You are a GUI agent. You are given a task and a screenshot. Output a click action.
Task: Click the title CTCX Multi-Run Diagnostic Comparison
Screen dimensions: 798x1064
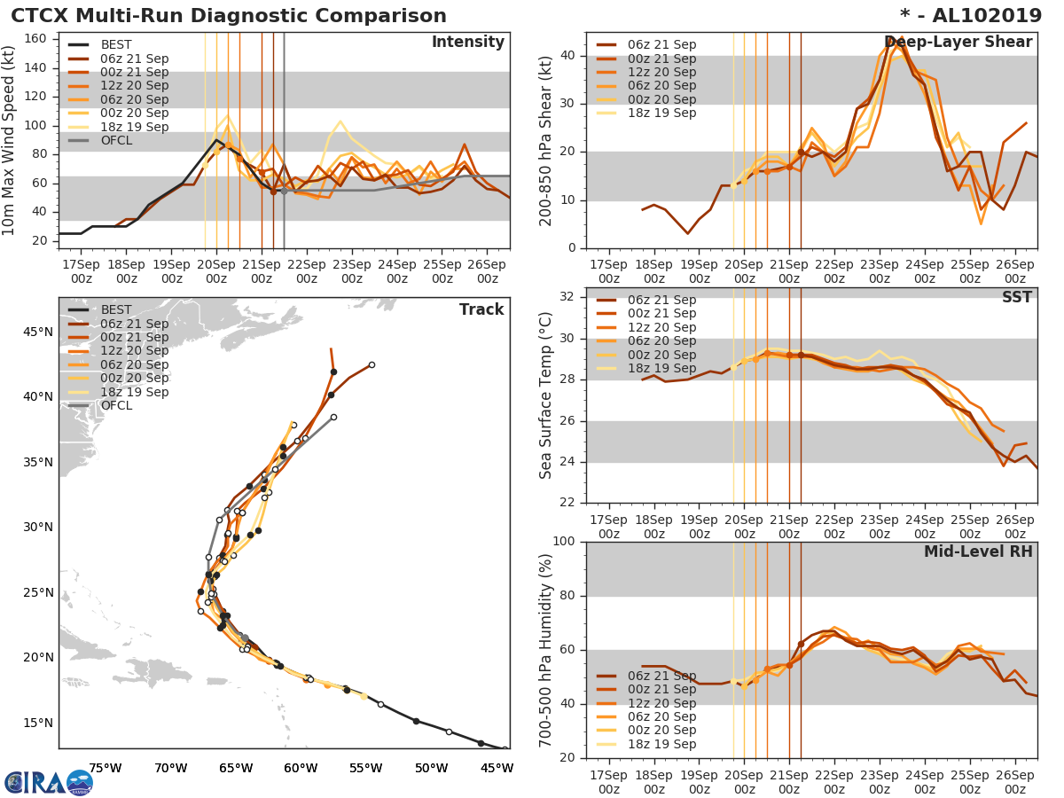[229, 16]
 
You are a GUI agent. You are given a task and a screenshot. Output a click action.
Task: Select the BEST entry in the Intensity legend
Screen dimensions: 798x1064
[116, 44]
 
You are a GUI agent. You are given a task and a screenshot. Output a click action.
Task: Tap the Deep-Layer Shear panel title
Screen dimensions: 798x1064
[958, 43]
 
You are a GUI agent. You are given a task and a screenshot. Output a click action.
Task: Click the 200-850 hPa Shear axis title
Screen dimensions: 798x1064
[547, 140]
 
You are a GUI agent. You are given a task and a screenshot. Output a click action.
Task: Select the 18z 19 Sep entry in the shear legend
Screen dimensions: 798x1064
[661, 113]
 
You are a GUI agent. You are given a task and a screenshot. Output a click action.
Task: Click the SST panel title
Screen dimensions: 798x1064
[1016, 298]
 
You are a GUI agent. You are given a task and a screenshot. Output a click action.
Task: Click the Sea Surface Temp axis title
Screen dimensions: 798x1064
[547, 395]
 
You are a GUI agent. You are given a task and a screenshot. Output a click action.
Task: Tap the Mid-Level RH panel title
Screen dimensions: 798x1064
[977, 552]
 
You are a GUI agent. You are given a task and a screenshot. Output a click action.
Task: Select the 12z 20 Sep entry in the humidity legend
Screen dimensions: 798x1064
[661, 702]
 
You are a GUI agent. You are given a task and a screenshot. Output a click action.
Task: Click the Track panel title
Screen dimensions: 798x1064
[481, 309]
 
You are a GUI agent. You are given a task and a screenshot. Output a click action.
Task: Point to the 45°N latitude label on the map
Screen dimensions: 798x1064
[38, 332]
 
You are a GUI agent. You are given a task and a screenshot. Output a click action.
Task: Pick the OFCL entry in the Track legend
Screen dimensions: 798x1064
[116, 405]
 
